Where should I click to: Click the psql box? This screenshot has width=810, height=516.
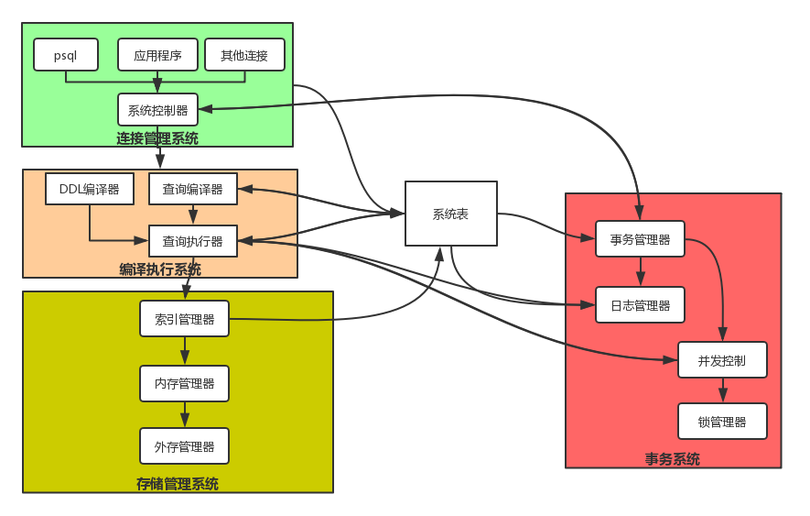tap(66, 55)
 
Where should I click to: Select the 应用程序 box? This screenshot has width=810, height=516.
tap(157, 55)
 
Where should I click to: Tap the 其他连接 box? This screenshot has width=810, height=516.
tap(244, 55)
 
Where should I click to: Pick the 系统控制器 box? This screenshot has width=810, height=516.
tap(157, 110)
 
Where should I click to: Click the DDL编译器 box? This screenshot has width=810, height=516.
tap(89, 189)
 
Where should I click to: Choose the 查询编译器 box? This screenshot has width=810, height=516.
tap(192, 189)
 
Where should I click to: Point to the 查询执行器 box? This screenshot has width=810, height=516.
tap(192, 241)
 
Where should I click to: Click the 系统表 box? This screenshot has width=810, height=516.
tap(450, 214)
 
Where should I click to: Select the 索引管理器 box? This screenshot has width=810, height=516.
tap(184, 319)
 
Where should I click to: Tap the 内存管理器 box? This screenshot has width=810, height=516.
tap(184, 383)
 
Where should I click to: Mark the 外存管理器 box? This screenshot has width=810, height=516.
tap(184, 446)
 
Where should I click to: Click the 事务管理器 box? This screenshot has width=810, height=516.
tap(640, 239)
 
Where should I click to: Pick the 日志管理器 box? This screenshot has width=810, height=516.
tap(640, 305)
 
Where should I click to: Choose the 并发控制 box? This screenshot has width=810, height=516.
tap(722, 360)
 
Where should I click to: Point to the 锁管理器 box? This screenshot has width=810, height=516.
tap(722, 422)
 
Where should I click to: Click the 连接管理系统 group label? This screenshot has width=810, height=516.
tap(157, 138)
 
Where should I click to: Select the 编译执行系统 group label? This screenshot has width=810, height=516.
tap(160, 269)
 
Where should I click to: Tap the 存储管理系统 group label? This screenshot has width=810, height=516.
tap(178, 484)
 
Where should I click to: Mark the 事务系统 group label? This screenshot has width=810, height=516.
tap(673, 459)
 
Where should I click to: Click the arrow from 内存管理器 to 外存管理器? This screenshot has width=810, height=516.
tap(185, 414)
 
